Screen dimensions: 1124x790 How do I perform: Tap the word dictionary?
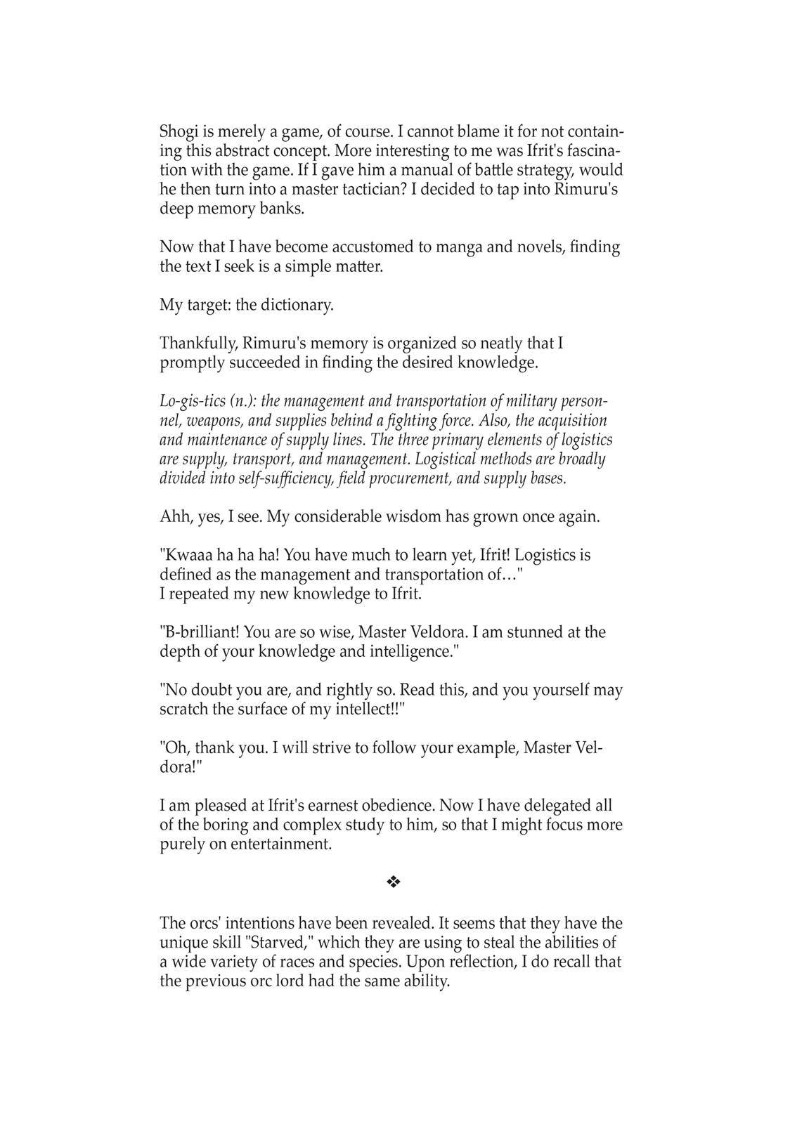pyautogui.click(x=297, y=306)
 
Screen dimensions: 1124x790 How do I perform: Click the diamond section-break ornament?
pyautogui.click(x=393, y=882)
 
